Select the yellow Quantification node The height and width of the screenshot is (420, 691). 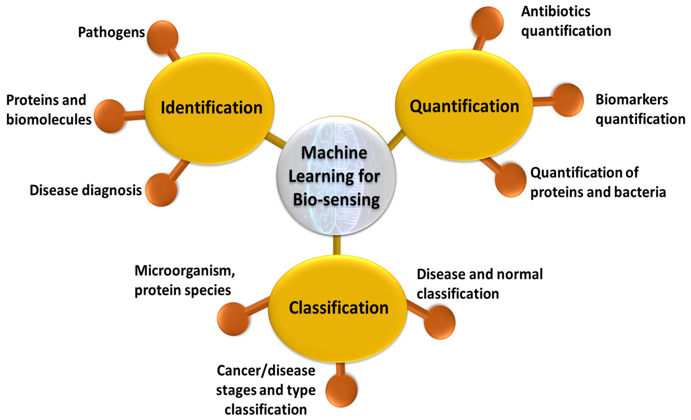[x=464, y=105]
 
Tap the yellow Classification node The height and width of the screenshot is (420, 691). [x=338, y=308]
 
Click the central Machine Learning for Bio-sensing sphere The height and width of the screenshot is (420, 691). [x=336, y=176]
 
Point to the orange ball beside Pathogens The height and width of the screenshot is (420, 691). [x=163, y=37]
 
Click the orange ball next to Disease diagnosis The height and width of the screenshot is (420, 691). [x=161, y=190]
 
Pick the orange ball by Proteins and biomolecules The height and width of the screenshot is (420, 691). [x=110, y=116]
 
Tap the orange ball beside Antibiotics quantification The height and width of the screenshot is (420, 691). [x=487, y=23]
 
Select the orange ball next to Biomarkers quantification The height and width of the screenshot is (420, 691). [x=568, y=100]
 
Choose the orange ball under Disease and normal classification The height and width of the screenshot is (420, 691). [x=439, y=322]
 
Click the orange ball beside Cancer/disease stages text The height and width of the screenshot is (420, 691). [x=341, y=390]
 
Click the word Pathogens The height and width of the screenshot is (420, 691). [x=111, y=32]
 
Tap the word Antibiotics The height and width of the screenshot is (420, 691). [x=556, y=12]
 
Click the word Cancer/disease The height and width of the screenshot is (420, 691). [x=266, y=371]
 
